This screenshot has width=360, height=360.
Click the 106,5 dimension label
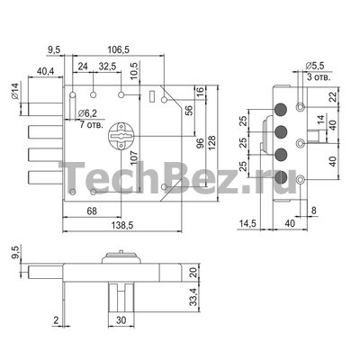(x=119, y=49)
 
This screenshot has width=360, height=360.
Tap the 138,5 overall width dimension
(x=121, y=225)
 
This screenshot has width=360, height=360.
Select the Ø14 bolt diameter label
(x=15, y=91)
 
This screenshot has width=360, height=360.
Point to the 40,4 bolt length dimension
(x=45, y=71)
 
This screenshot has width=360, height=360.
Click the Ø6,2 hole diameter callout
(x=87, y=113)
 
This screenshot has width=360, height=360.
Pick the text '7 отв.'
(x=92, y=124)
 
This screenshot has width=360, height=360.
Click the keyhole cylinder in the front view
(x=121, y=136)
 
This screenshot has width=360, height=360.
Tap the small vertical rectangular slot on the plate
(x=152, y=96)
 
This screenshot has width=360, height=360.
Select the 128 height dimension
(x=211, y=144)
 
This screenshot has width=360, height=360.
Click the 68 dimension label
(x=92, y=211)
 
